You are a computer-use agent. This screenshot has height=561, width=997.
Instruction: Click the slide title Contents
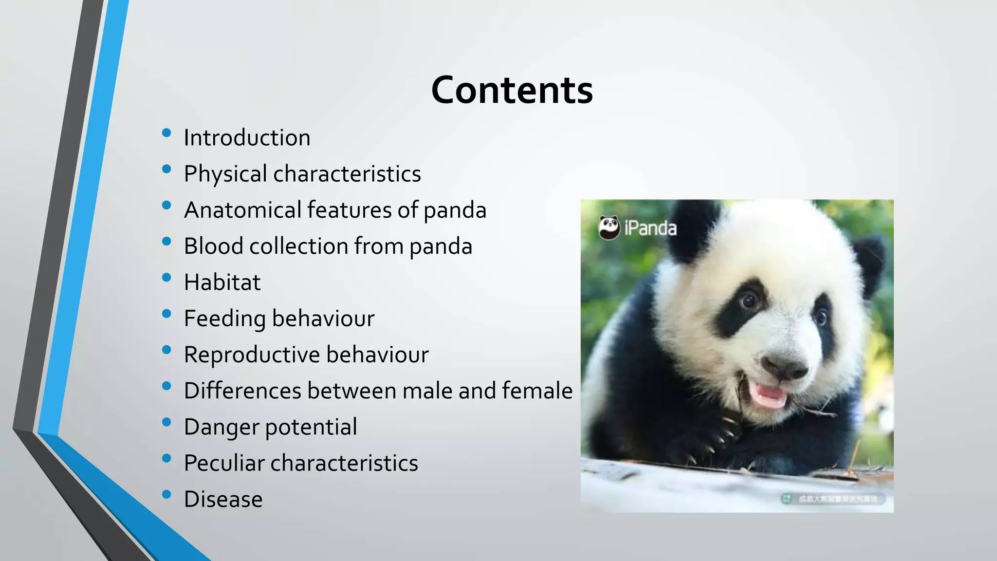click(x=512, y=91)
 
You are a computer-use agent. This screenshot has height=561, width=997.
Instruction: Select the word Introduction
click(x=247, y=138)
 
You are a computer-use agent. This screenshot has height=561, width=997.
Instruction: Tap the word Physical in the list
click(x=225, y=174)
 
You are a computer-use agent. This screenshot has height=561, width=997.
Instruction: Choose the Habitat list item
click(x=222, y=282)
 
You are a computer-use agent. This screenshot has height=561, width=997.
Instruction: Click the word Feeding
click(x=224, y=319)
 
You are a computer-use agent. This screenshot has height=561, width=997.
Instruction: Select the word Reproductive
click(x=252, y=355)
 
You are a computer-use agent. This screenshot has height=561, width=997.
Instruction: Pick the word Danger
click(x=221, y=427)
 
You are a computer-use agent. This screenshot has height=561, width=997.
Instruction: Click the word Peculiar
click(x=223, y=463)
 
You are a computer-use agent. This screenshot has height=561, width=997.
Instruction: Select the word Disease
click(x=223, y=500)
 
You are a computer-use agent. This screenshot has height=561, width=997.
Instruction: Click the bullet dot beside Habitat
click(x=166, y=278)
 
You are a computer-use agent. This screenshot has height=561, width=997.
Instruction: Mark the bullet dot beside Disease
click(x=166, y=495)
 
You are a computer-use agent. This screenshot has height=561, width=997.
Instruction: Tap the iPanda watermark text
click(x=650, y=228)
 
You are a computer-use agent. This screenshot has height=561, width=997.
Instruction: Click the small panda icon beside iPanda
click(x=609, y=227)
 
